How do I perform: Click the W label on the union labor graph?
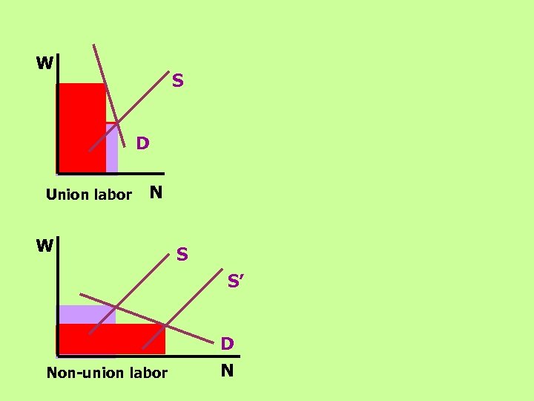(44, 63)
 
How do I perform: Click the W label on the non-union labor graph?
(44, 245)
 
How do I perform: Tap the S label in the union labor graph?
(178, 79)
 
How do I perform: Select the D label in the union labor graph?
(142, 142)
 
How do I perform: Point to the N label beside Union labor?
(156, 193)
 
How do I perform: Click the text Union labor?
(88, 195)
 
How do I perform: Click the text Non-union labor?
(107, 373)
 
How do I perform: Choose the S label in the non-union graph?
(182, 255)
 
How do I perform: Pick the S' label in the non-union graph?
(237, 281)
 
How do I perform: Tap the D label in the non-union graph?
(228, 344)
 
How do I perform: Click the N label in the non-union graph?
(228, 371)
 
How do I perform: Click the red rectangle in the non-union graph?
(111, 339)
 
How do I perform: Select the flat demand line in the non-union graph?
(193, 333)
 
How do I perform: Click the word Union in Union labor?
(65, 195)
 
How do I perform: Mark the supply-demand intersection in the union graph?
(117, 123)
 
